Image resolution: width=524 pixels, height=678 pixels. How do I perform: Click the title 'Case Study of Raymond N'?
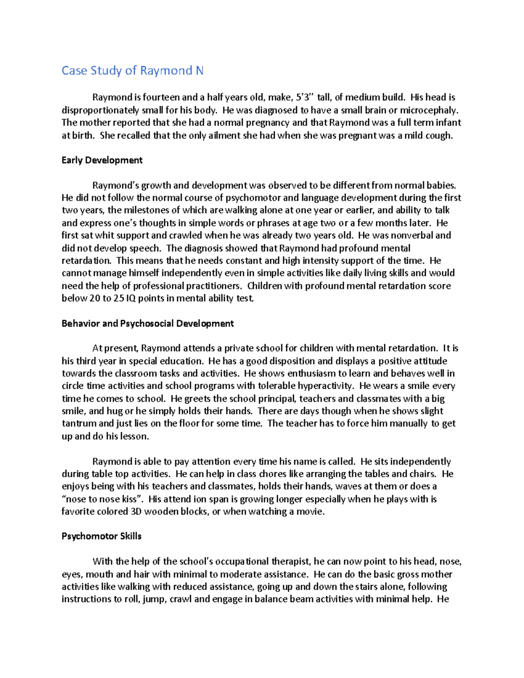click(x=132, y=71)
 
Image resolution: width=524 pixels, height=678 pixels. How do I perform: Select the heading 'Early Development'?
click(x=102, y=160)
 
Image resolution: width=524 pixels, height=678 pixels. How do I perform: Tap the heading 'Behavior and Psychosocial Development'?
click(x=148, y=324)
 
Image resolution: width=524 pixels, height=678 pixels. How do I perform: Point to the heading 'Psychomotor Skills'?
click(x=101, y=536)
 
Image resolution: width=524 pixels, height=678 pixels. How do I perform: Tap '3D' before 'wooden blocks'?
click(x=136, y=512)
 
